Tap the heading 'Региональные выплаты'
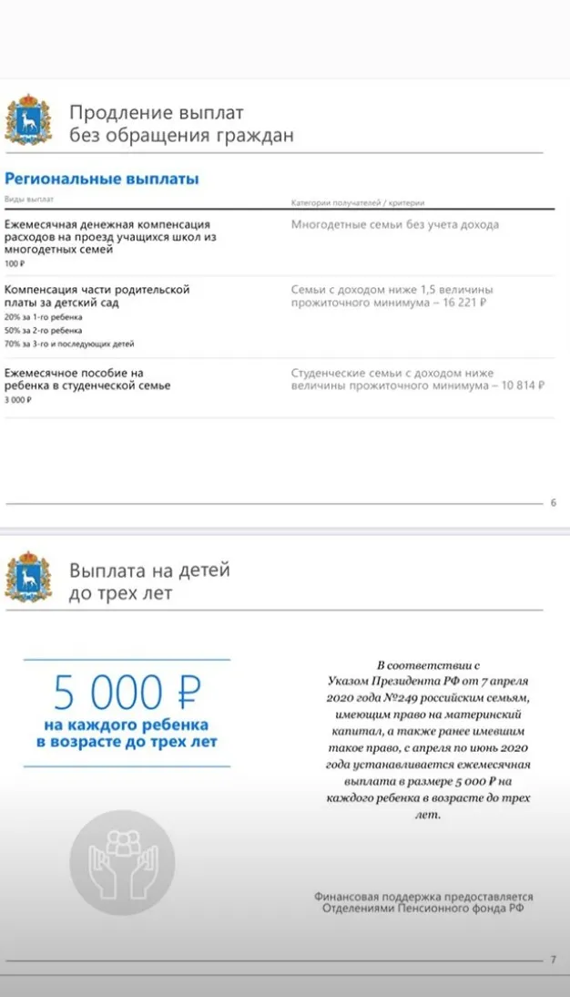[x=102, y=180]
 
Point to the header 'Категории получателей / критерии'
[x=358, y=202]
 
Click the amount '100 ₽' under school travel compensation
[x=14, y=263]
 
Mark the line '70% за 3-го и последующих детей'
[x=69, y=344]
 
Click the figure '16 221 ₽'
[x=460, y=302]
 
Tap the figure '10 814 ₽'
[x=518, y=385]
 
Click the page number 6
[x=553, y=502]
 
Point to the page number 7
[x=553, y=960]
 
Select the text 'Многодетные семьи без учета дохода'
[x=394, y=224]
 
